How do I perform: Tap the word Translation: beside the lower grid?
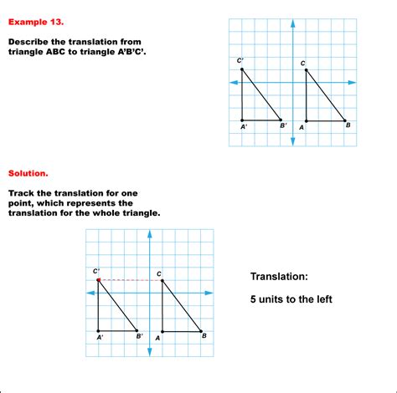point(281,277)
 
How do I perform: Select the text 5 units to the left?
point(291,299)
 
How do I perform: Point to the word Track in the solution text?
point(22,193)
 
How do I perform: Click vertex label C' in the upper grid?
point(240,60)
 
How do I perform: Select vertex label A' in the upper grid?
point(244,127)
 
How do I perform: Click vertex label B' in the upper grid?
point(284,126)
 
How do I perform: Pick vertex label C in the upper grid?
point(303,63)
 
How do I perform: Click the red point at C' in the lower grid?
point(98,279)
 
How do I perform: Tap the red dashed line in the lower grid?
point(130,279)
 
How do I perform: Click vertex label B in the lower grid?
point(204,336)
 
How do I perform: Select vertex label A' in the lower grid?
point(100,337)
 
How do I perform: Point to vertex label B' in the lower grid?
point(140,337)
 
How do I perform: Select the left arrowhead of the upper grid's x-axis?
point(233,82)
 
